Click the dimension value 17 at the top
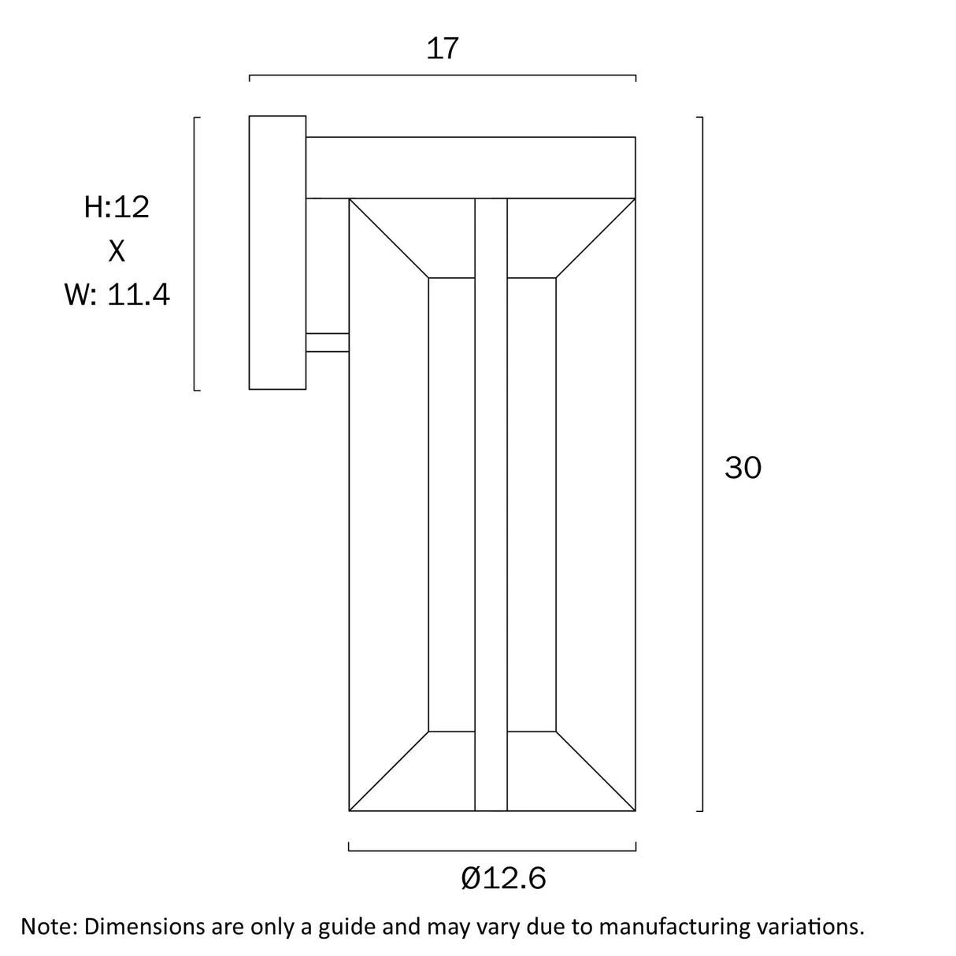pyautogui.click(x=442, y=49)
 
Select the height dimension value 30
pyautogui.click(x=743, y=468)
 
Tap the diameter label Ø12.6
pyautogui.click(x=504, y=877)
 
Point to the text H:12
pyautogui.click(x=117, y=207)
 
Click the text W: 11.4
pyautogui.click(x=117, y=295)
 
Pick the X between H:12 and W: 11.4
pyautogui.click(x=117, y=251)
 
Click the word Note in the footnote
pyautogui.click(x=48, y=926)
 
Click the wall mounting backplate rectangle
pyautogui.click(x=277, y=252)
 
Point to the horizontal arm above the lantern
pyautogui.click(x=470, y=167)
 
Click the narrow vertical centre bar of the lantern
pyautogui.click(x=491, y=504)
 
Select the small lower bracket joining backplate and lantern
pyautogui.click(x=327, y=343)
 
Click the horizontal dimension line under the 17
pyautogui.click(x=442, y=76)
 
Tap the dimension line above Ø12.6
pyautogui.click(x=491, y=850)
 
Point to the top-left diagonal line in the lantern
pyautogui.click(x=389, y=238)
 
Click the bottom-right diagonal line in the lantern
pyautogui.click(x=595, y=771)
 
